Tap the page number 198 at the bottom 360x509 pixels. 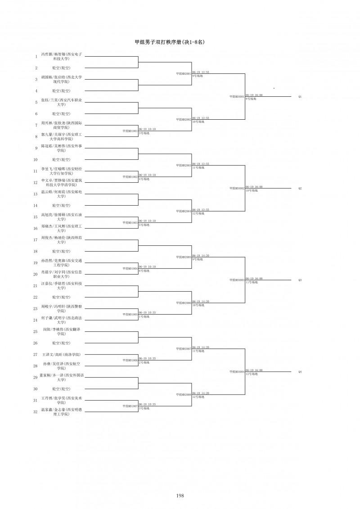click(x=180, y=495)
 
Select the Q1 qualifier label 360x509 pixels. click(x=300, y=97)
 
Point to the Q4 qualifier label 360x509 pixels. click(x=300, y=372)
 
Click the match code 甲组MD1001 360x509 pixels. click(x=130, y=131)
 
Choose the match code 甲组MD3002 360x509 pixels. click(x=237, y=188)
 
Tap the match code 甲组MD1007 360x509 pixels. click(x=130, y=406)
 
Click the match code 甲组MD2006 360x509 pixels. click(x=184, y=303)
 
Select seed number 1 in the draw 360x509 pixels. click(x=36, y=57)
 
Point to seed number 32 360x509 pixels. click(x=36, y=411)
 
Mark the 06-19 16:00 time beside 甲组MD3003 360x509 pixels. click(x=254, y=279)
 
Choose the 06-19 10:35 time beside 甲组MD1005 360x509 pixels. click(x=147, y=312)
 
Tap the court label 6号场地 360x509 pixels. click(x=144, y=271)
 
